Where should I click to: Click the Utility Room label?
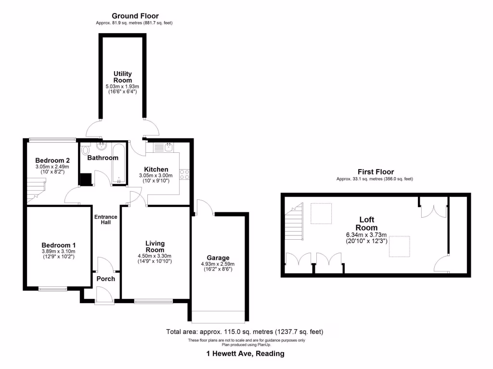pyautogui.click(x=123, y=77)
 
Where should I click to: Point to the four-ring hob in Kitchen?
pyautogui.click(x=185, y=175)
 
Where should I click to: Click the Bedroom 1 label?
pyautogui.click(x=58, y=245)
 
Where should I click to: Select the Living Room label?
pyautogui.click(x=155, y=246)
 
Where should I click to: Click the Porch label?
pyautogui.click(x=105, y=279)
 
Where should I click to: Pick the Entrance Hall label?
pyautogui.click(x=105, y=220)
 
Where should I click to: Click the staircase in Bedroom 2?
pyautogui.click(x=36, y=190)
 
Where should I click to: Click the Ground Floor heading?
pyautogui.click(x=135, y=16)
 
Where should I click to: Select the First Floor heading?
pyautogui.click(x=376, y=172)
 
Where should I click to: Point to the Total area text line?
pyautogui.click(x=245, y=332)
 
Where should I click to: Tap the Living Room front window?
pyautogui.click(x=154, y=302)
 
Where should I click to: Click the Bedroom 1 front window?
pyautogui.click(x=53, y=289)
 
